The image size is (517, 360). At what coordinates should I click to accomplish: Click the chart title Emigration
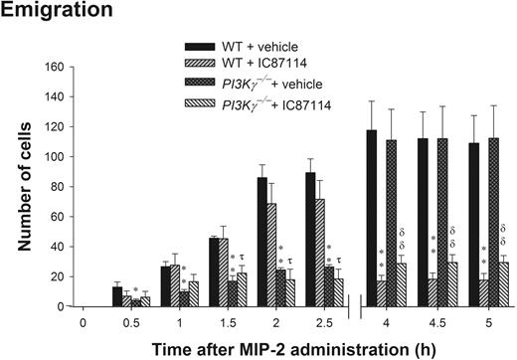(x=49, y=12)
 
